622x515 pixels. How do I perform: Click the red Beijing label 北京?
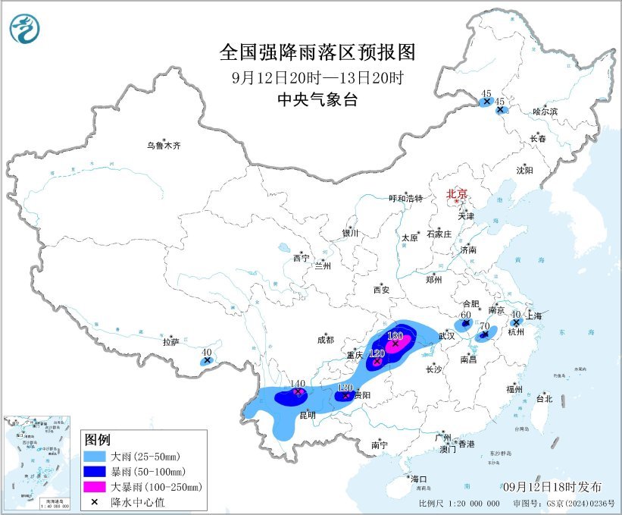(457, 193)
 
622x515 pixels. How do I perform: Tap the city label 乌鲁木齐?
(164, 146)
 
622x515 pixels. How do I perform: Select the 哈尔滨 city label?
(544, 111)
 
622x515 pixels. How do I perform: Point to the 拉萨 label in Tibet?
(170, 343)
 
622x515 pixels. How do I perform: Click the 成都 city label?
(326, 341)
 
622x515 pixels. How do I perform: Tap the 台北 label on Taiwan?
(544, 398)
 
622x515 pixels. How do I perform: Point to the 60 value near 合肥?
(466, 315)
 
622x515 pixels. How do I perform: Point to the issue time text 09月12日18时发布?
(552, 486)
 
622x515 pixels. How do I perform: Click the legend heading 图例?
(98, 440)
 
